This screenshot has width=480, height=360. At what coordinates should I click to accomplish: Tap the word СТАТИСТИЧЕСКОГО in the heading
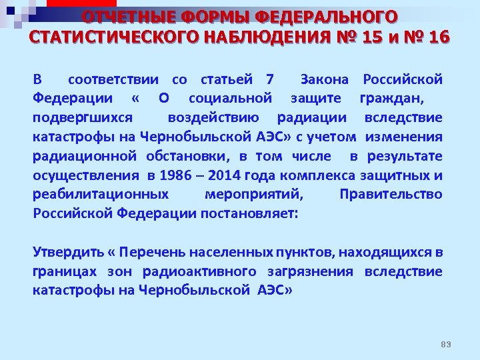pyautogui.click(x=110, y=37)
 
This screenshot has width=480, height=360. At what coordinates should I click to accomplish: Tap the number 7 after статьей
pyautogui.click(x=269, y=80)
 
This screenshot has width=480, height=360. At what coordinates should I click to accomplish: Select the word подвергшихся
pyautogui.click(x=83, y=118)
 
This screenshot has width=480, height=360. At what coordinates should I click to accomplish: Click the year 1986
pyautogui.click(x=176, y=175)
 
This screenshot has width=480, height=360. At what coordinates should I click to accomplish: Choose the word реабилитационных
pyautogui.click(x=101, y=195)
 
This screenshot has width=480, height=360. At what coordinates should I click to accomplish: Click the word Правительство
pyautogui.click(x=391, y=195)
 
